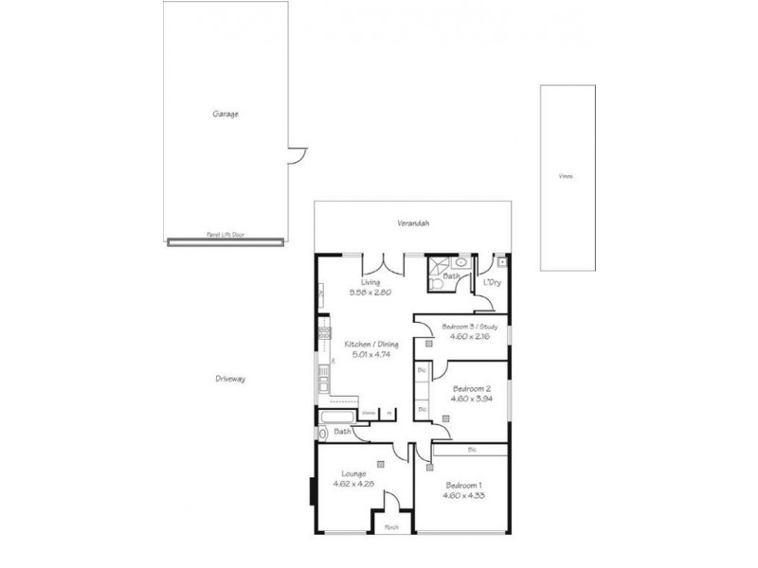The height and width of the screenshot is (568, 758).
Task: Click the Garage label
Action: click(225, 114)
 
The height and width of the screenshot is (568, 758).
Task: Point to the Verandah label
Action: click(413, 223)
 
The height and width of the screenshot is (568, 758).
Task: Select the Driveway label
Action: click(230, 379)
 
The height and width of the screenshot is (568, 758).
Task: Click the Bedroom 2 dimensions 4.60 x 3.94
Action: click(471, 399)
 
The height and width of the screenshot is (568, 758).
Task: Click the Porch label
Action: click(390, 526)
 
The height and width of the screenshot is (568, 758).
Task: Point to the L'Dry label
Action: click(492, 283)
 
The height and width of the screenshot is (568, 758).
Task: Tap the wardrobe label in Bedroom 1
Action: click(471, 448)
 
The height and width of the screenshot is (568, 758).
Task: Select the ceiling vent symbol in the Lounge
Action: click(379, 464)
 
